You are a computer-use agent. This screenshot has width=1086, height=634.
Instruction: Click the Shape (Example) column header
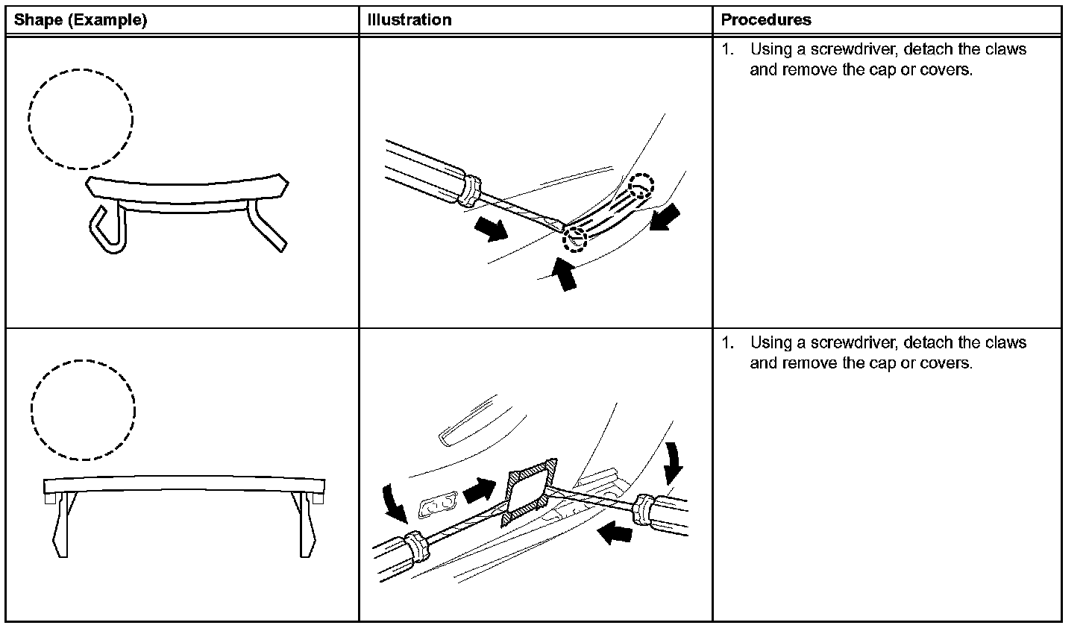(x=81, y=20)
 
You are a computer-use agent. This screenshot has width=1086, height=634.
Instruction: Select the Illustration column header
(x=409, y=20)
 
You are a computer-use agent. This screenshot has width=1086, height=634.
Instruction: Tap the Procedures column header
(x=766, y=20)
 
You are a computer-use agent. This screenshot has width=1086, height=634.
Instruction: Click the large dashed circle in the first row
(x=81, y=119)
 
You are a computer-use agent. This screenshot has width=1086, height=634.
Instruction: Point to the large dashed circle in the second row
(x=83, y=409)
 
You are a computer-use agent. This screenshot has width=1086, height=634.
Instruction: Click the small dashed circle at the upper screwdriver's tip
(x=575, y=239)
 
